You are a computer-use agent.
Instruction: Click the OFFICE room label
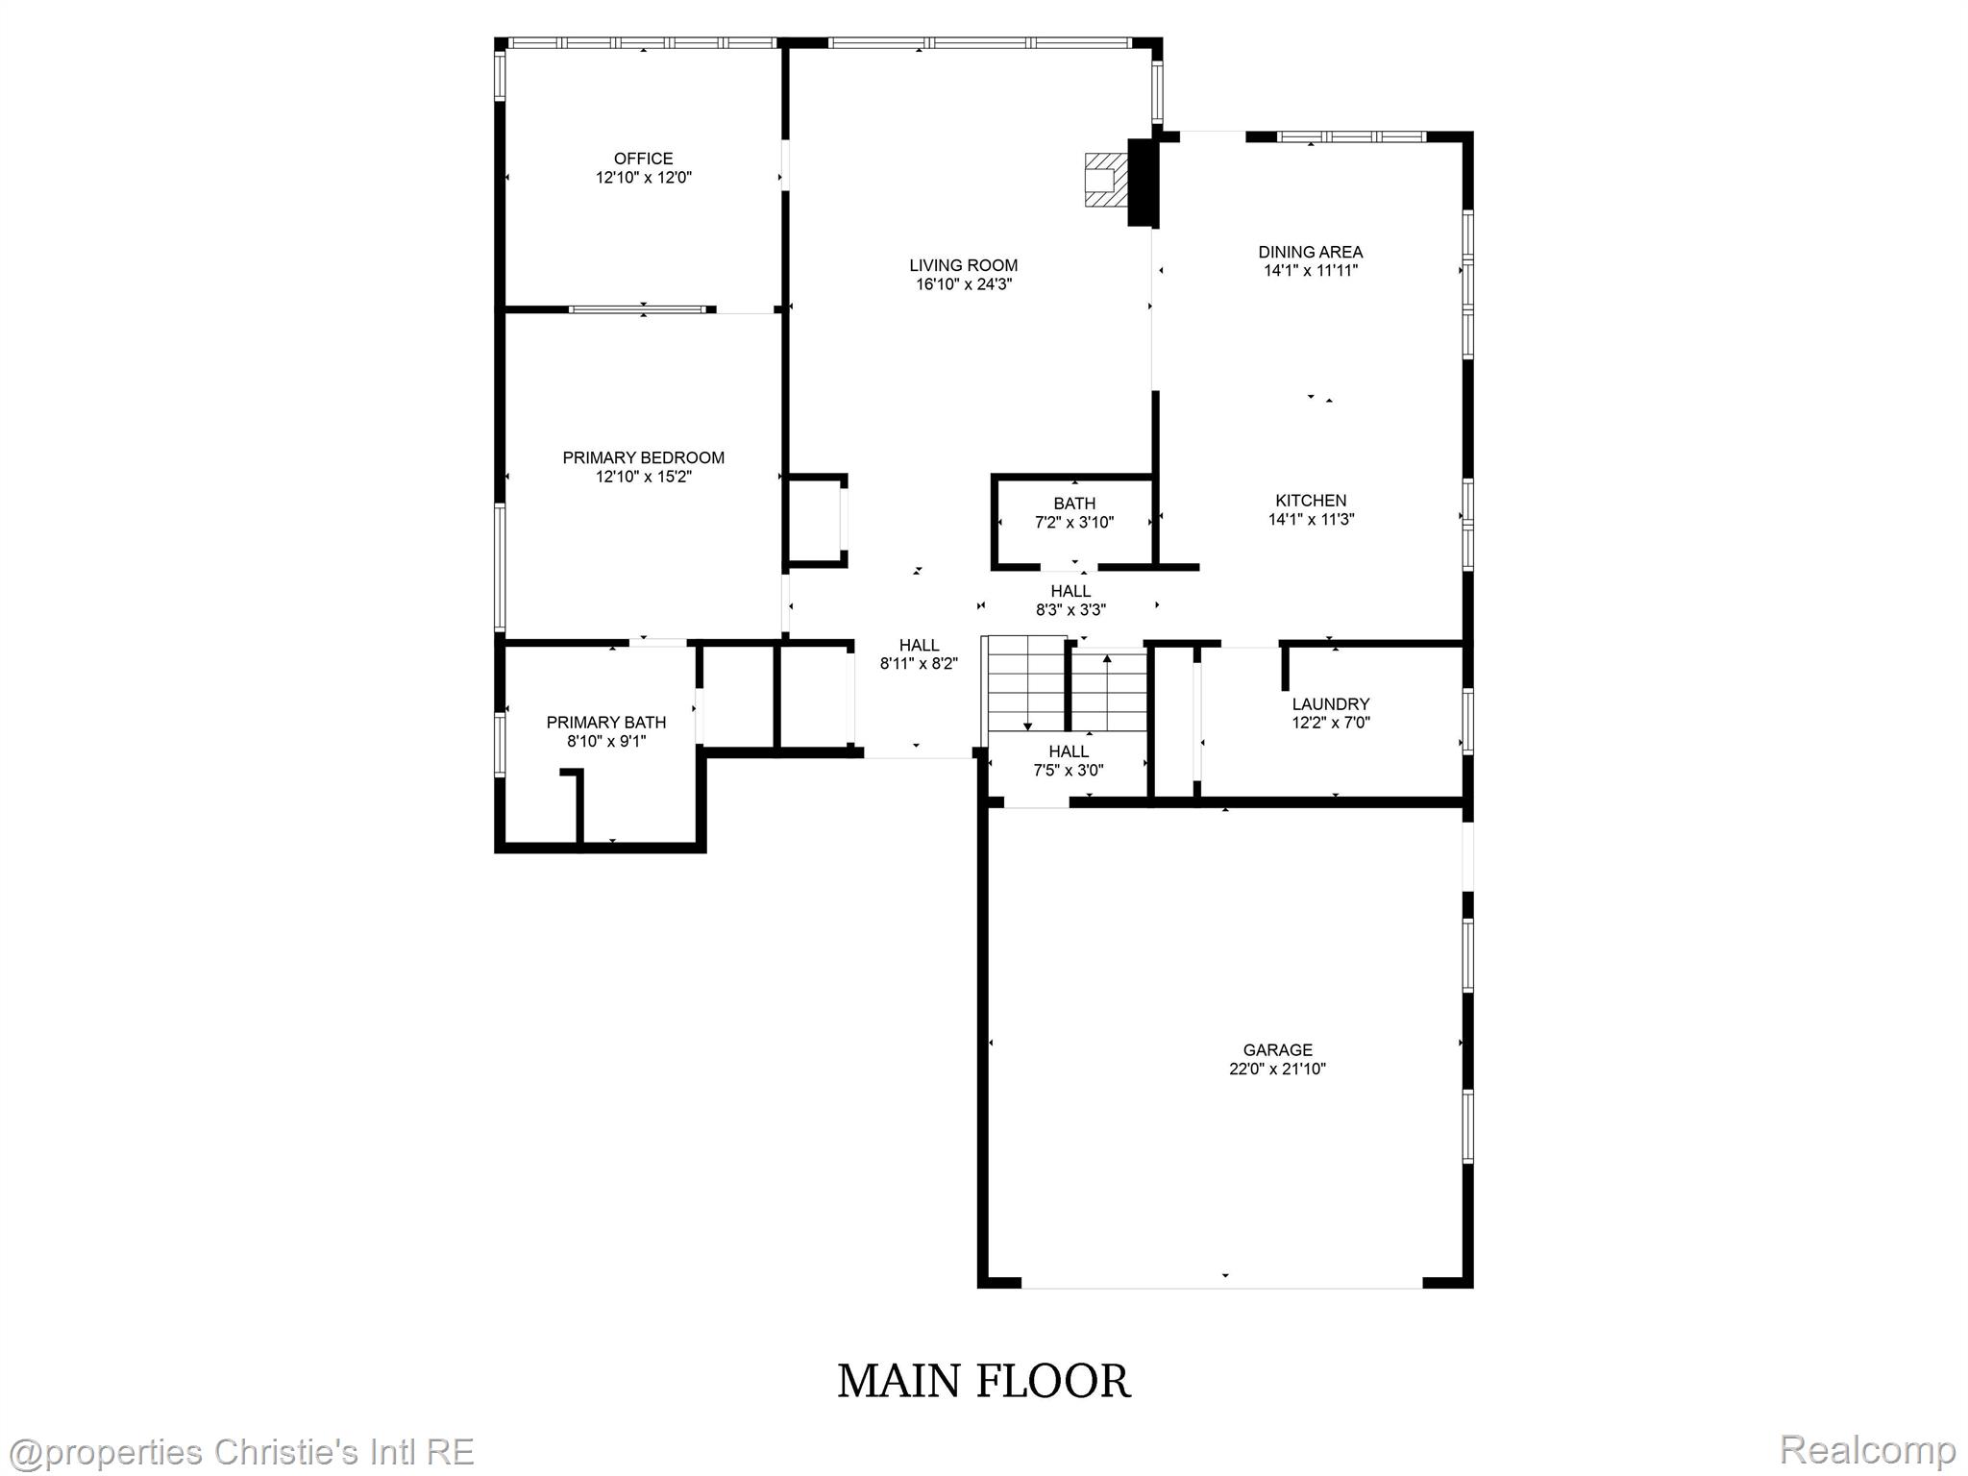[x=643, y=159]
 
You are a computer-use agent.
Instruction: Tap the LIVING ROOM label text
[x=963, y=265]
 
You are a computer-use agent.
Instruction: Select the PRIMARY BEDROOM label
[x=643, y=457]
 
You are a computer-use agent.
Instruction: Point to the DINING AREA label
[x=1310, y=252]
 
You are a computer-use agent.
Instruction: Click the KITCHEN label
[x=1311, y=500]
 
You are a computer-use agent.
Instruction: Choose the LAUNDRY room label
[x=1330, y=703]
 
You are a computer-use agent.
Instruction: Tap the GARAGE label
[x=1277, y=1049]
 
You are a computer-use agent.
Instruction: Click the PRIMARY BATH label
[x=605, y=722]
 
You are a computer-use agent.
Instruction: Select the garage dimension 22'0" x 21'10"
[x=1277, y=1069]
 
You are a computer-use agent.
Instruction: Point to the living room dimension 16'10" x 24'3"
[x=964, y=284]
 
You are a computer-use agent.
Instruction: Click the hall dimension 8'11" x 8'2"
[x=919, y=663]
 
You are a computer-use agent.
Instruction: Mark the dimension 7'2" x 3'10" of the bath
[x=1073, y=523]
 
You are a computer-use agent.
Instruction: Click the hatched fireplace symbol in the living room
[x=1104, y=180]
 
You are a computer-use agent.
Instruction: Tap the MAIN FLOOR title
[x=983, y=1381]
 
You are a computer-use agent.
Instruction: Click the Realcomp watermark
[x=1867, y=1449]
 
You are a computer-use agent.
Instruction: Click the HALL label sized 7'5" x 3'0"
[x=1069, y=751]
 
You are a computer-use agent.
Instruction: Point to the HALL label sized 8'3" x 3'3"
[x=1070, y=591]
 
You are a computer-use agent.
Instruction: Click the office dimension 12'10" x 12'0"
[x=644, y=178]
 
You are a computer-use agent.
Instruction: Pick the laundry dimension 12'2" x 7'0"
[x=1331, y=723]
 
